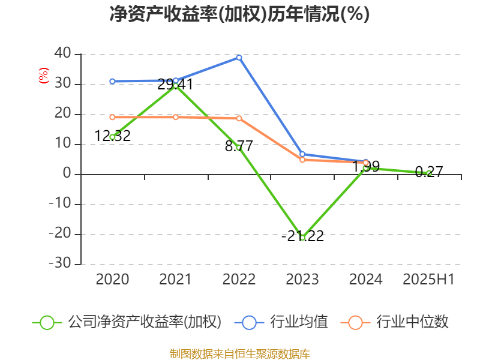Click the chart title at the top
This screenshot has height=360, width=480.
[239, 14]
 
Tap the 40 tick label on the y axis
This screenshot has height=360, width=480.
[62, 54]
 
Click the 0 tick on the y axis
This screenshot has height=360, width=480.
[67, 174]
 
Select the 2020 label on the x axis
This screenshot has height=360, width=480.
[112, 279]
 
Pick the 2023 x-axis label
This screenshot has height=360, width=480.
[302, 279]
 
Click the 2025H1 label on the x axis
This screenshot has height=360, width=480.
[428, 279]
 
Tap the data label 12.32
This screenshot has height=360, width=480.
[112, 136]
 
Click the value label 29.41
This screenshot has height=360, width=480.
[175, 85]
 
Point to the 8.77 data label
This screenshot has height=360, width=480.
[239, 146]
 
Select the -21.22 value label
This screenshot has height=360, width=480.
[302, 236]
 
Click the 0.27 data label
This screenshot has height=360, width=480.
[428, 172]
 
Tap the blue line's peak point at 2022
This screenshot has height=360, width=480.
[239, 58]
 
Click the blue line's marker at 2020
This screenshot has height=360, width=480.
[112, 81]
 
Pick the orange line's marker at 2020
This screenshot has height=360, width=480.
[112, 117]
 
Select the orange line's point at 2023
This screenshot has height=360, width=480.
[302, 160]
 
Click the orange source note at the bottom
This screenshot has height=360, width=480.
[239, 353]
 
